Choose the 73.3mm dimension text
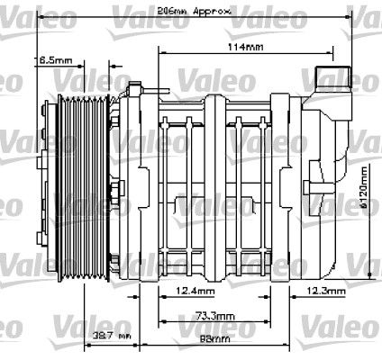(214, 318)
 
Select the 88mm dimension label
(214, 339)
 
